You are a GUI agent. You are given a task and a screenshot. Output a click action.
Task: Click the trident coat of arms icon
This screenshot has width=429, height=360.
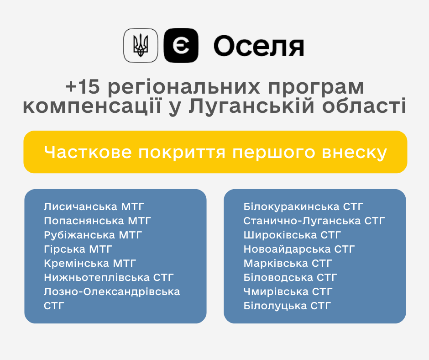(141, 46)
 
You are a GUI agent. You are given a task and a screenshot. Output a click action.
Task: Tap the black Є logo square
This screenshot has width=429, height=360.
(181, 46)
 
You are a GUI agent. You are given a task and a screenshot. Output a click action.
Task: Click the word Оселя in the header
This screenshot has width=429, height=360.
(259, 46)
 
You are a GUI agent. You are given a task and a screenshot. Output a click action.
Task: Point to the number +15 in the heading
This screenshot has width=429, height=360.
(82, 87)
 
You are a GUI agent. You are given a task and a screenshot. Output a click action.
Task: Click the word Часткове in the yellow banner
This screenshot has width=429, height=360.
(88, 152)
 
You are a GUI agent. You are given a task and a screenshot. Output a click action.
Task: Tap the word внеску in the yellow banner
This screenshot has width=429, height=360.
(354, 152)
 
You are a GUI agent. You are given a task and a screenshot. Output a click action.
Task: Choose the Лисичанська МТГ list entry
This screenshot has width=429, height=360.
(94, 206)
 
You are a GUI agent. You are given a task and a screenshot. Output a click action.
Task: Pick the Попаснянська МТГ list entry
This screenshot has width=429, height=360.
(97, 221)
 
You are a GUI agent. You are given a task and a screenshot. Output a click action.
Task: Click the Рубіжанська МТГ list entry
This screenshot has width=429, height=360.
(93, 235)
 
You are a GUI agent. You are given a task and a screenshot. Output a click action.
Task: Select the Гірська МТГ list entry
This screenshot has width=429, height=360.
(78, 249)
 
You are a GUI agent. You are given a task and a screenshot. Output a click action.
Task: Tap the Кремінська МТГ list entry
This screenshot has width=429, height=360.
(90, 264)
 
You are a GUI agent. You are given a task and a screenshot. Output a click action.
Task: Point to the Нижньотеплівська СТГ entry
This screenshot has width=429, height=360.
(109, 277)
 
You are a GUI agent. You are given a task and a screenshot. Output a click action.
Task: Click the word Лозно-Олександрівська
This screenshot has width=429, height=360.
(112, 292)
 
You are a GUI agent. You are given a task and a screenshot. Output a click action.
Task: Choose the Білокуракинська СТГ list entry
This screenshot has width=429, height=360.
(303, 206)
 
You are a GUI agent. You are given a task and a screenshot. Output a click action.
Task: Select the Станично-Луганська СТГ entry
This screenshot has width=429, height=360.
(314, 221)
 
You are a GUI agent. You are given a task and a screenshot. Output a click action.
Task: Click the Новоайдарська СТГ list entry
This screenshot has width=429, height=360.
(299, 249)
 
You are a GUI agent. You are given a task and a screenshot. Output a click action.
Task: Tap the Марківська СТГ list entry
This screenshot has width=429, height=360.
(288, 264)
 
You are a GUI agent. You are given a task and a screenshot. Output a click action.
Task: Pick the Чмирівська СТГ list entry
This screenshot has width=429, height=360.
(288, 292)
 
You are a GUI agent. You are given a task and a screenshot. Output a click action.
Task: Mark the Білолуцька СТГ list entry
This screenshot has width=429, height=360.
(287, 306)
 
